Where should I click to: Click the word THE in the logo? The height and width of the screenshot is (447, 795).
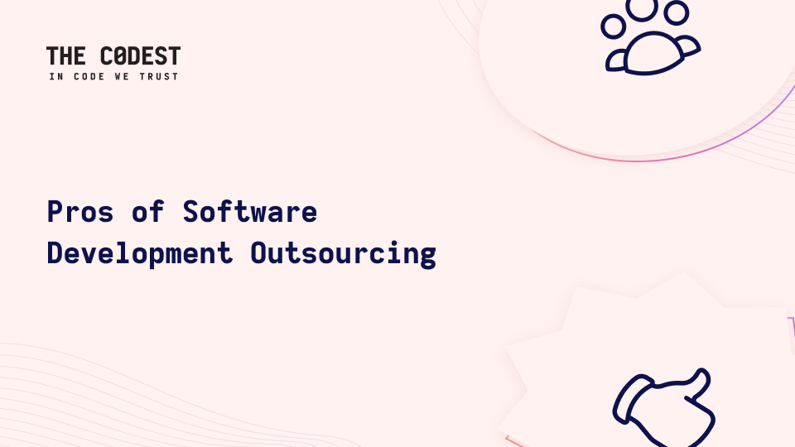(66, 55)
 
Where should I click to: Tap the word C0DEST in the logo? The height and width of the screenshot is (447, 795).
(141, 55)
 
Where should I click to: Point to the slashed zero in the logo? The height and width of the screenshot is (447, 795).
(119, 55)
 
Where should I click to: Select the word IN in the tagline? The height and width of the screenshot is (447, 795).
(56, 76)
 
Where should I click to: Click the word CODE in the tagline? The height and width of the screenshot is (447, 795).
(89, 76)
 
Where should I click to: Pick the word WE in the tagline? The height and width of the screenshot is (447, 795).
(123, 76)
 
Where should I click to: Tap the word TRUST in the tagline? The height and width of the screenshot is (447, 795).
(159, 76)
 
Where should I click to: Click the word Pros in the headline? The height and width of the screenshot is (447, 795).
(80, 211)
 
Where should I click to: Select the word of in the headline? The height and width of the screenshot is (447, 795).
(148, 211)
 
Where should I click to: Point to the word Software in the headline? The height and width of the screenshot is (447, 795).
(250, 211)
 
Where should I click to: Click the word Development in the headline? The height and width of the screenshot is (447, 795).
(139, 254)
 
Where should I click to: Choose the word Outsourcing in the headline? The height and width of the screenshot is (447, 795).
(343, 254)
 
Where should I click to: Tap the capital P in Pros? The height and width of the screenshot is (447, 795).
(55, 211)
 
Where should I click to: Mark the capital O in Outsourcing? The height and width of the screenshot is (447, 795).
(258, 253)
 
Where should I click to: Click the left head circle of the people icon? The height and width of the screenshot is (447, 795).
(613, 26)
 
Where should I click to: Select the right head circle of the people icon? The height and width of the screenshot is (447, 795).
(677, 12)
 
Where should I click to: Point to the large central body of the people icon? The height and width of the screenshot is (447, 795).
(652, 53)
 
